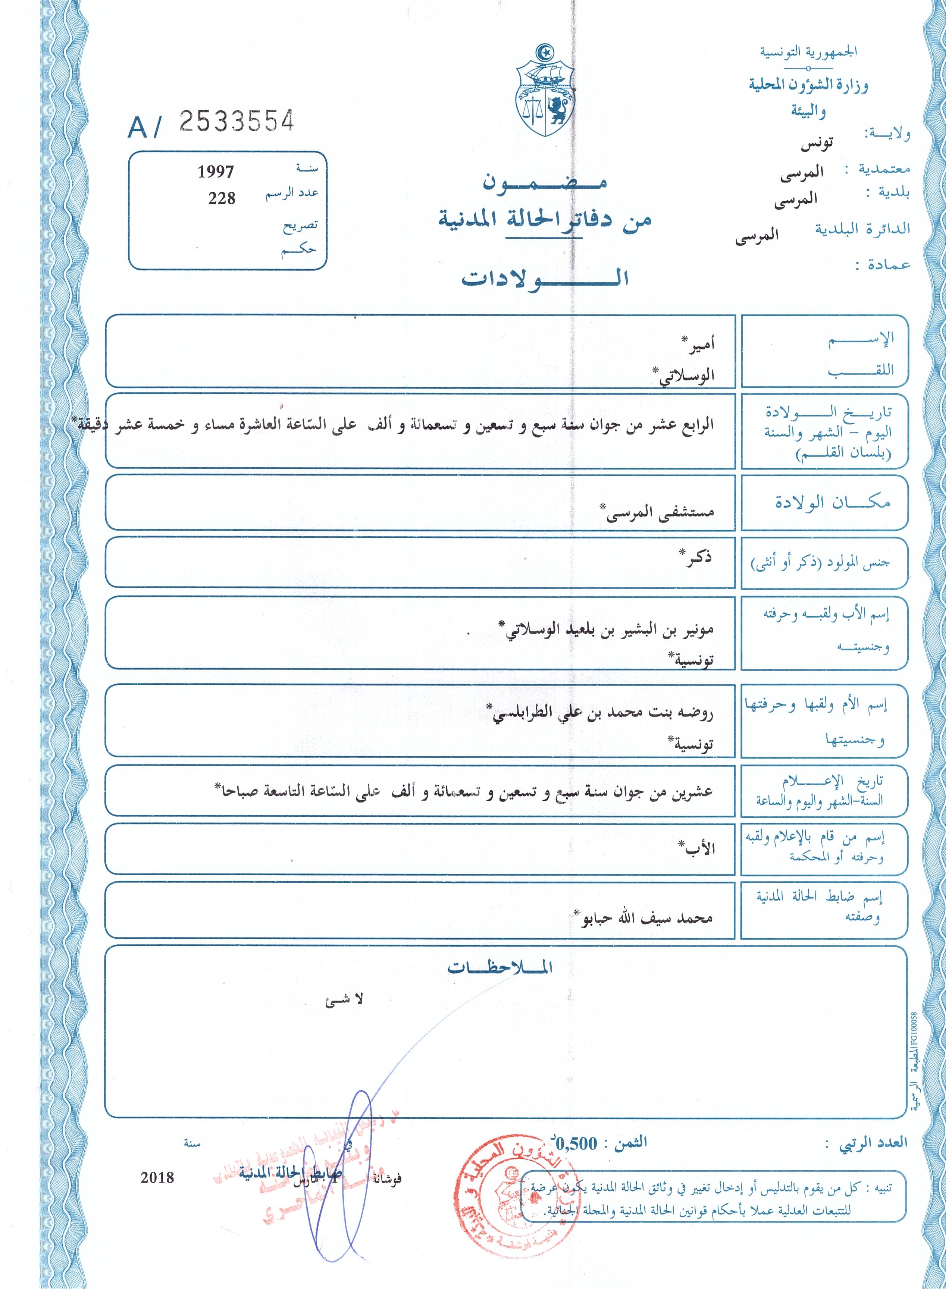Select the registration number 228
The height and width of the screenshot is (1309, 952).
[x=222, y=198]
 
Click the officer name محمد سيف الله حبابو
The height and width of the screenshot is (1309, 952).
[x=644, y=917]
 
